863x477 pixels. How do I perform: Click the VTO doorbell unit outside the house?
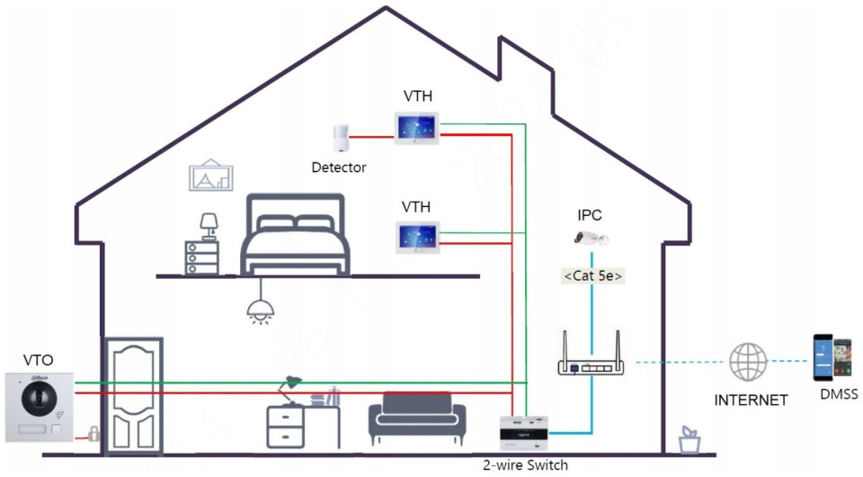pos(37,405)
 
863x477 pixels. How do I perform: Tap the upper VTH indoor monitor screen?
pos(415,128)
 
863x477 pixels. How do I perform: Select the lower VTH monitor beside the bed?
pos(415,237)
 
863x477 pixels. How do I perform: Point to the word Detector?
pos(339,167)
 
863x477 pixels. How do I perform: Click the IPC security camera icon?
pos(591,238)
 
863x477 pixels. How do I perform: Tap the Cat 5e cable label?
pos(593,276)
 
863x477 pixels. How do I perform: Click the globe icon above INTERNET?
pos(748,362)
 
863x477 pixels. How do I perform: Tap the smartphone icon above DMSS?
pos(832,359)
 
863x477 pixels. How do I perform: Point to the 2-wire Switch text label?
pos(526,465)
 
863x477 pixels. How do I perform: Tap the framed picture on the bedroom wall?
pos(210,176)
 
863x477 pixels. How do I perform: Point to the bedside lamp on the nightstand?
pos(209,225)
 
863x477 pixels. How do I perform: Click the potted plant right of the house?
pos(690,439)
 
